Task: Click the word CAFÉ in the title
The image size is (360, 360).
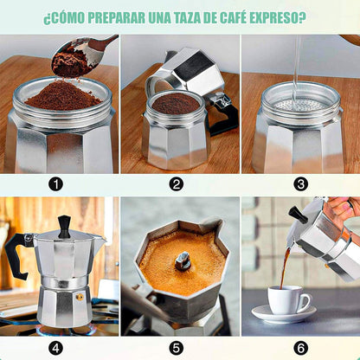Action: (x=233, y=17)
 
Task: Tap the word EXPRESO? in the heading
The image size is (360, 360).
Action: (x=278, y=18)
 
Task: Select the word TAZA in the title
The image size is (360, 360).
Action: (x=187, y=18)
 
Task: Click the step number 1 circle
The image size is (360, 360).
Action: (x=55, y=184)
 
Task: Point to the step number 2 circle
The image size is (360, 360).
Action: (x=177, y=184)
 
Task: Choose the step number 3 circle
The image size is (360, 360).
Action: (x=300, y=184)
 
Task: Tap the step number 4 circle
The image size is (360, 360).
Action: (x=55, y=348)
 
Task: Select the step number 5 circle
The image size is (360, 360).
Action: (x=177, y=348)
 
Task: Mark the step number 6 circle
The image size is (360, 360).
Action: (x=300, y=348)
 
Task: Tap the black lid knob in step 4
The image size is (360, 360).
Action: (x=64, y=227)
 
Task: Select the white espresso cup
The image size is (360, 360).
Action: (x=288, y=300)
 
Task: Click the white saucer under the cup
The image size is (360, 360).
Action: (x=284, y=314)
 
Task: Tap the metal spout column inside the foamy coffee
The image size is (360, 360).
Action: (x=183, y=260)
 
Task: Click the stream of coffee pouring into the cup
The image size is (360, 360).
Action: (x=285, y=267)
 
